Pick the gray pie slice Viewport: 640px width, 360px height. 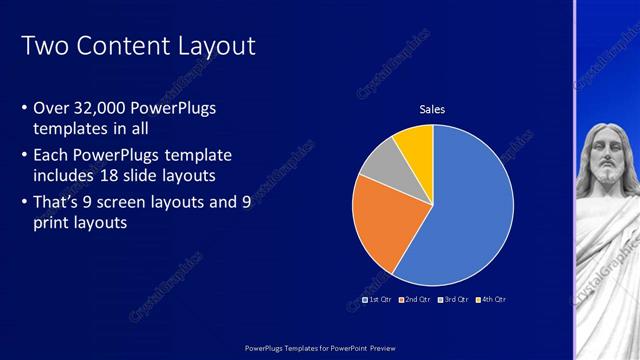377,167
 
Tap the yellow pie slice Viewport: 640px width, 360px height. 415,144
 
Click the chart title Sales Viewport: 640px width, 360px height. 432,109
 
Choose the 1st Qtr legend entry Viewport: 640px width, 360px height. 376,299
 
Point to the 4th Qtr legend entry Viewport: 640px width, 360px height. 491,299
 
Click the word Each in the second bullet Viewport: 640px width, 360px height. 52,155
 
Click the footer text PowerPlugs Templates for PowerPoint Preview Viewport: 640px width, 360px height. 319,348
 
